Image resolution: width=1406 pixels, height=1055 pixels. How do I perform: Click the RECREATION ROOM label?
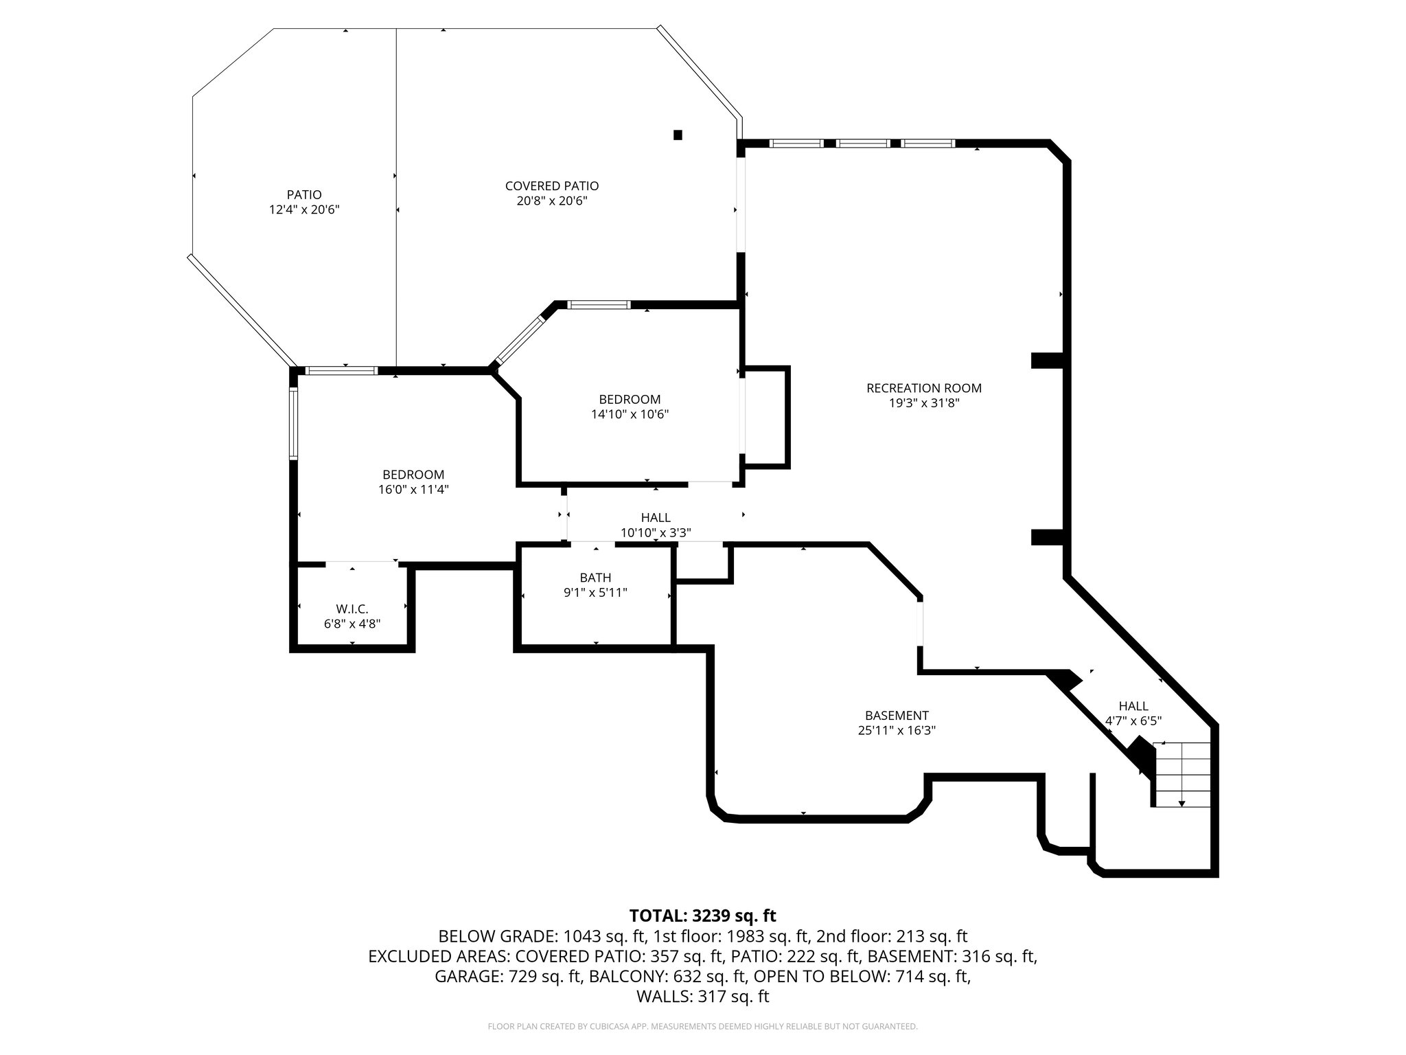pos(923,388)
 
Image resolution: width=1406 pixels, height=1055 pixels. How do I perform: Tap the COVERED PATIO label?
pos(552,186)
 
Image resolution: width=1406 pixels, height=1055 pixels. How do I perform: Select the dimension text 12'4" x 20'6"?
pos(304,209)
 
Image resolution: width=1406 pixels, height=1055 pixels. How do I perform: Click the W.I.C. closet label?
pos(352,609)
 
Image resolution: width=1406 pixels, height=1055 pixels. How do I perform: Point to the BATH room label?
pos(595,578)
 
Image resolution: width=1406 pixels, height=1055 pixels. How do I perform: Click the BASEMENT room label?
pos(897,715)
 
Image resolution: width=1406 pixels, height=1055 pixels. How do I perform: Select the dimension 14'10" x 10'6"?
pos(630,414)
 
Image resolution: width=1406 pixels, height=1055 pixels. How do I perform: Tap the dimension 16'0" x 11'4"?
pos(413,489)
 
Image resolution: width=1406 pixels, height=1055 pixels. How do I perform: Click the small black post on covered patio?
pos(678,135)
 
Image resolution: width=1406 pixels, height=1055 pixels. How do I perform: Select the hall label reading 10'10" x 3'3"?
pos(656,532)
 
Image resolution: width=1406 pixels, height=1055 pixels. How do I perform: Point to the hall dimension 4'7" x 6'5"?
pos(1133,721)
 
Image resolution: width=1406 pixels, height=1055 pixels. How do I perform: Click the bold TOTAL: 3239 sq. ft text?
pos(702,916)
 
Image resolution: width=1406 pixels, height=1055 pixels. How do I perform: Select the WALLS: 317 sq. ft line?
pos(702,997)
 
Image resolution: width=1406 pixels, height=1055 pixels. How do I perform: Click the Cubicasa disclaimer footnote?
pos(702,1026)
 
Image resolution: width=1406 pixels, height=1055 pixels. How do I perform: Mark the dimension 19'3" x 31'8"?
pos(923,403)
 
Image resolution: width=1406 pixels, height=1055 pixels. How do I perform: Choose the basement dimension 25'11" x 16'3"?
pos(897,731)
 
